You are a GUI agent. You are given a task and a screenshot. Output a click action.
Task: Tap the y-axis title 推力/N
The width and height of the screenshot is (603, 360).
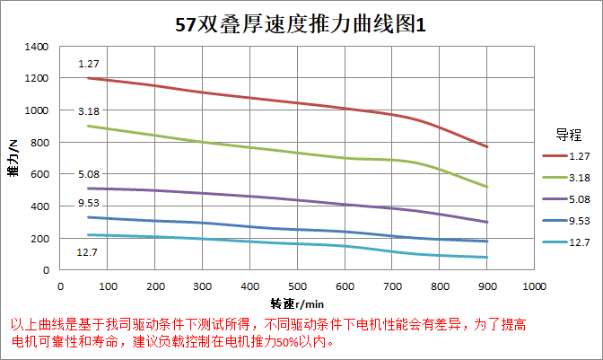click(13, 157)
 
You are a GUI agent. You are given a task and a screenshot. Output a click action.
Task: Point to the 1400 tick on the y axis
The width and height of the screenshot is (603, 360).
click(37, 46)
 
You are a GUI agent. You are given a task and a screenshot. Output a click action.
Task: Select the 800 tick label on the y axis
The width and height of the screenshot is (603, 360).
click(39, 142)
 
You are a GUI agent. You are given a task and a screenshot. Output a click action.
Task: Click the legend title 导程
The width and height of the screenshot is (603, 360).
click(568, 136)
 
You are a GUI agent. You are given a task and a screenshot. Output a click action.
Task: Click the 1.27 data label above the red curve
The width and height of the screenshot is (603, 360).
click(88, 64)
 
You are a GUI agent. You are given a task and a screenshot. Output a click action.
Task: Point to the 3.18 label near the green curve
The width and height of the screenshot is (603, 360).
click(88, 111)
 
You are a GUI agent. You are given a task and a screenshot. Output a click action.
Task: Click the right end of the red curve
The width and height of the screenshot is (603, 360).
click(486, 146)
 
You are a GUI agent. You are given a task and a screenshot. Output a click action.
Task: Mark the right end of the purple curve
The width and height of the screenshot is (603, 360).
click(486, 222)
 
